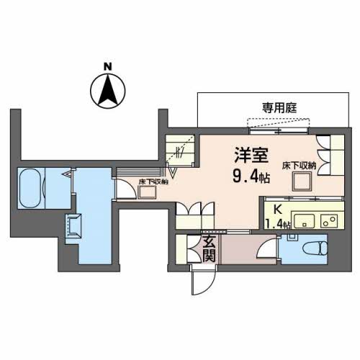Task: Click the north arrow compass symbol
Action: coord(108,91)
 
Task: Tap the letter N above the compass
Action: coord(108,66)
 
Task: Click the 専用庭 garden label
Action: coord(279,108)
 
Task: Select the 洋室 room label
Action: coord(251,155)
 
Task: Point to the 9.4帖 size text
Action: coord(251,177)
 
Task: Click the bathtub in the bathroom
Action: coord(30,188)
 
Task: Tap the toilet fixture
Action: coord(315,248)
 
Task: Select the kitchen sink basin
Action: coord(305,221)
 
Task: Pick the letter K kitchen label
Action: coord(278,210)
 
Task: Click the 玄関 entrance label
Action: coord(209,251)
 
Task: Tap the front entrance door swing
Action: coord(203,280)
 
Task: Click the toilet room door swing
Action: coord(267,249)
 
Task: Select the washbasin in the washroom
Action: coord(74,226)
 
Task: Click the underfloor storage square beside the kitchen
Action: coord(302,181)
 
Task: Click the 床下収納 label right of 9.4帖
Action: coord(299,166)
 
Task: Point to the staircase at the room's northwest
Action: coord(180,150)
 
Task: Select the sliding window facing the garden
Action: coord(279,131)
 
